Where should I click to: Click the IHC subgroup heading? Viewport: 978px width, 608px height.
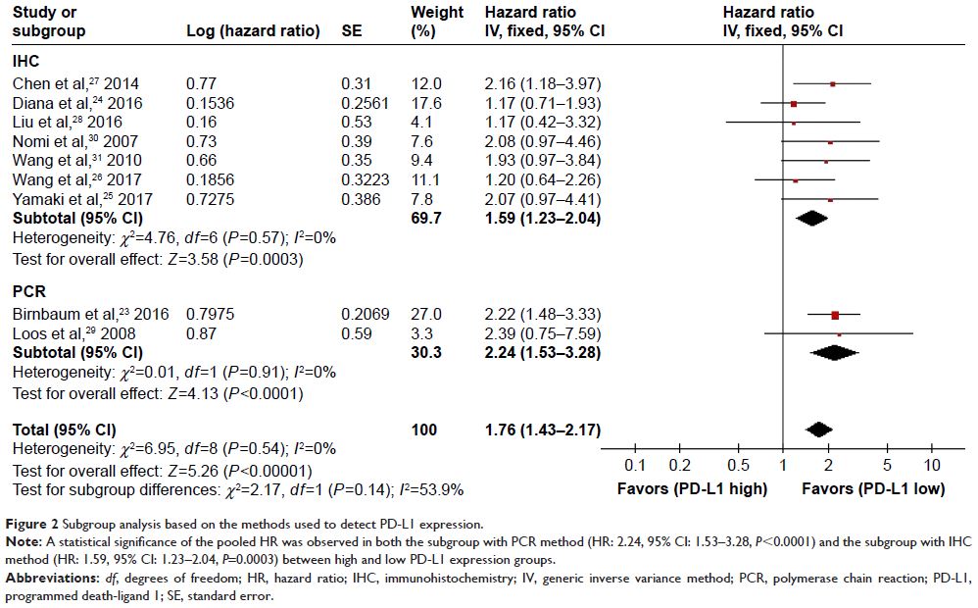[26, 62]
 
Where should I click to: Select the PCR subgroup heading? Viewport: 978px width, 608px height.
[29, 292]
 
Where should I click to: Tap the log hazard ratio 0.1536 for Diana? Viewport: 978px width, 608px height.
[213, 103]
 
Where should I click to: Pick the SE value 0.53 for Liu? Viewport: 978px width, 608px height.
[357, 123]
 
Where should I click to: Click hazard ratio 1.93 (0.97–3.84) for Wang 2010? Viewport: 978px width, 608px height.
[542, 161]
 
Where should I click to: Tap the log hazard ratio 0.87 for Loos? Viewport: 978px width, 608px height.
[202, 333]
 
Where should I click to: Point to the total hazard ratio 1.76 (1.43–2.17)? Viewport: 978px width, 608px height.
[542, 429]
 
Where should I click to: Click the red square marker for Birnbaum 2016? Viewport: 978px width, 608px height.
[835, 315]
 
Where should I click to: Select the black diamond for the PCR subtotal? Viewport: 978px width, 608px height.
[835, 352]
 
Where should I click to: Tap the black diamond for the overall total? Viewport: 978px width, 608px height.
[818, 429]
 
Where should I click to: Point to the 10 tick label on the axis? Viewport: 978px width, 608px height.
[932, 465]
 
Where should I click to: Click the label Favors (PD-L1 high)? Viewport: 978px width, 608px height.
[691, 487]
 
